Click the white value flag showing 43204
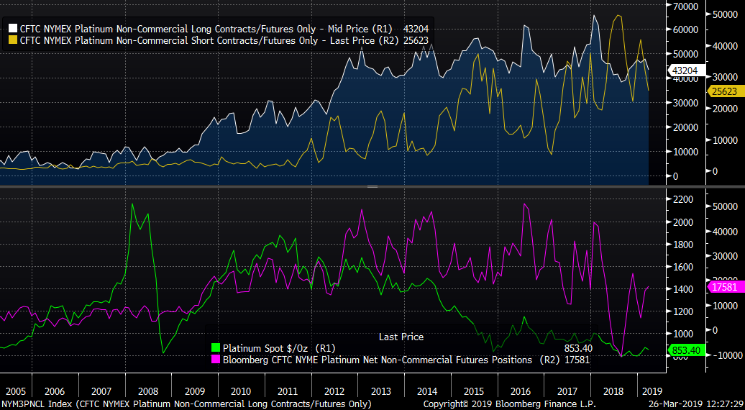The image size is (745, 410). pyautogui.click(x=682, y=70)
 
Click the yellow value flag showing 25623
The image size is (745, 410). pyautogui.click(x=682, y=91)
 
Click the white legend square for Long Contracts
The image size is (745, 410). pyautogui.click(x=13, y=29)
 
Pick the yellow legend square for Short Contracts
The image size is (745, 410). pyautogui.click(x=13, y=41)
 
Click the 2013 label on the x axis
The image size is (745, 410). pyautogui.click(x=380, y=391)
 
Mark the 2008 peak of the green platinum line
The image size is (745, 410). pyautogui.click(x=132, y=204)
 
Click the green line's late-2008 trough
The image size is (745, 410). pyautogui.click(x=163, y=352)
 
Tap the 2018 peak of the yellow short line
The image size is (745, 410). pyautogui.click(x=617, y=15)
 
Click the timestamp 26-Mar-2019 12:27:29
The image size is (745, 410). pyautogui.click(x=695, y=404)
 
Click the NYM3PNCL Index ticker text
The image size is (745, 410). pyautogui.click(x=36, y=404)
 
